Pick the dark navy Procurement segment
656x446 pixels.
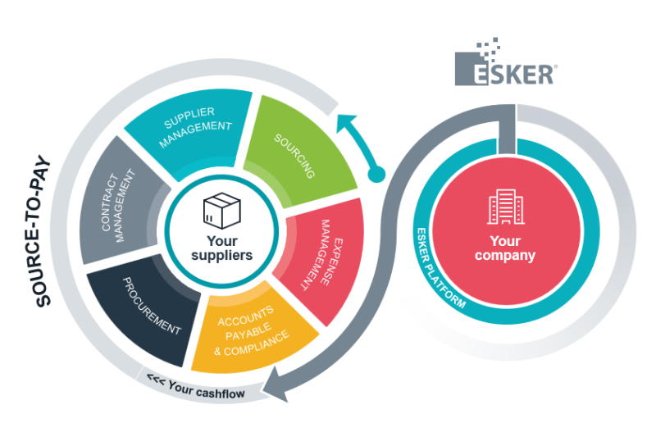tap(148, 307)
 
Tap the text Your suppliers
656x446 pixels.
tap(221, 248)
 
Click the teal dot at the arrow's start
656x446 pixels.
tap(376, 174)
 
